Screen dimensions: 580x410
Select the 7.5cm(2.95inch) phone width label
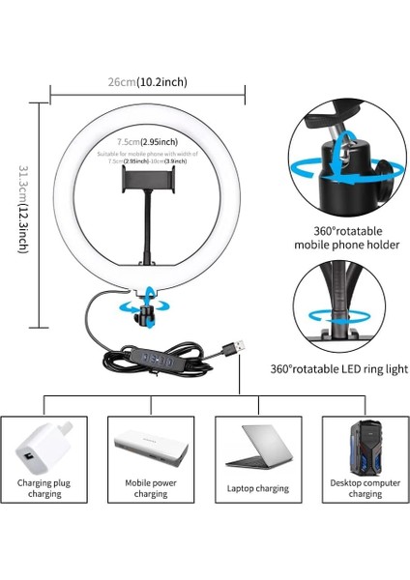[x=148, y=142]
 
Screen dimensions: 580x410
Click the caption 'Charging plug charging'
[x=44, y=487]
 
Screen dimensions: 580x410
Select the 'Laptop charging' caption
[x=258, y=488]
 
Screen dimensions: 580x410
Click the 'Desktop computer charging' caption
[x=365, y=487]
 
